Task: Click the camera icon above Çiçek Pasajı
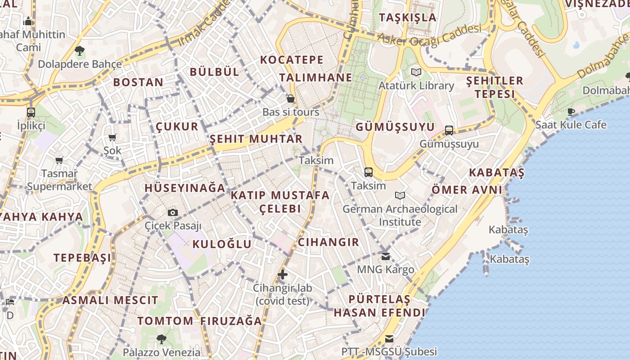pyautogui.click(x=173, y=212)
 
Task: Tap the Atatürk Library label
pyautogui.click(x=416, y=85)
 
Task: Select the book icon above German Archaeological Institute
pyautogui.click(x=400, y=196)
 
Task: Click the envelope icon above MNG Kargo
pyautogui.click(x=386, y=256)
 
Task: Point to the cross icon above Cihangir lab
pyautogui.click(x=283, y=274)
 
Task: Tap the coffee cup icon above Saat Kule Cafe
pyautogui.click(x=571, y=112)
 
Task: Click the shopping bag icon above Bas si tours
pyautogui.click(x=291, y=99)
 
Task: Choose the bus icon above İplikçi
pyautogui.click(x=31, y=112)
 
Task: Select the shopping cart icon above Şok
pyautogui.click(x=112, y=137)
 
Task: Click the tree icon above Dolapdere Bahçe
pyautogui.click(x=80, y=51)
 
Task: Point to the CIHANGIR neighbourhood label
pyautogui.click(x=328, y=242)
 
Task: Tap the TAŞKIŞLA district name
pyautogui.click(x=408, y=18)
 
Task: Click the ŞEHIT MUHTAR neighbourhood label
pyautogui.click(x=256, y=139)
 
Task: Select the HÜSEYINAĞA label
pyautogui.click(x=184, y=188)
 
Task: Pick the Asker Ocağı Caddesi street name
pyautogui.click(x=430, y=36)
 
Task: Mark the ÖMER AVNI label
pyautogui.click(x=467, y=189)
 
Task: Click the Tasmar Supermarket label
pyautogui.click(x=59, y=180)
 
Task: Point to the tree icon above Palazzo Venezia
pyautogui.click(x=162, y=339)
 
